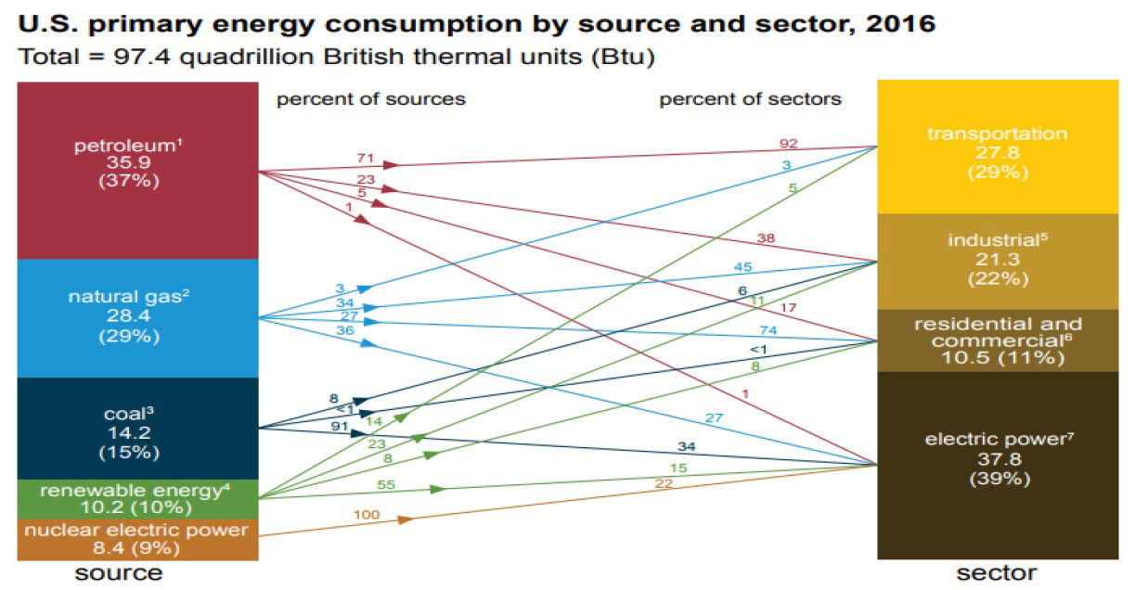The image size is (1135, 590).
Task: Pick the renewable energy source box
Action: (x=137, y=500)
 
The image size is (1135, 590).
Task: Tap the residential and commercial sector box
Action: (x=997, y=340)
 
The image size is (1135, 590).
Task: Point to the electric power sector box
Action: (x=997, y=464)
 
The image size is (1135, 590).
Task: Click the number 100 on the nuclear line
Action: (x=368, y=514)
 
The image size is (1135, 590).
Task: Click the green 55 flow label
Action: (x=388, y=483)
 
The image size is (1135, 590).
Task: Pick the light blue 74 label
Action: (x=767, y=330)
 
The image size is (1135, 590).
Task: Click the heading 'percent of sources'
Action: (x=370, y=98)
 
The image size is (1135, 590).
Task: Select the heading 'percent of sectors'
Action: (x=750, y=98)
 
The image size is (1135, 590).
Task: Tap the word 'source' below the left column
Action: (x=118, y=572)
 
